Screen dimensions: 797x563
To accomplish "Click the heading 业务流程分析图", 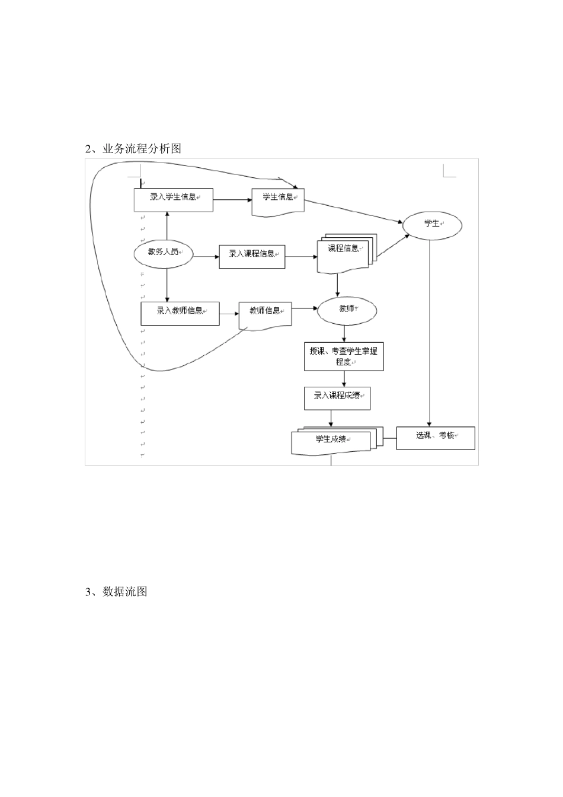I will click(x=133, y=149).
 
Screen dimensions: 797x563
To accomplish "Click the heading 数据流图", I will click(x=116, y=591).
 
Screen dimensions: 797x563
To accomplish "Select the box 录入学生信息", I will click(x=173, y=200).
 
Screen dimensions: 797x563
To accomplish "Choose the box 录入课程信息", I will click(x=252, y=256).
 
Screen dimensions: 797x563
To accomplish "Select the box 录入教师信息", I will click(x=180, y=313).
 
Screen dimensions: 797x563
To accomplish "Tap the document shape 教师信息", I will click(x=265, y=315).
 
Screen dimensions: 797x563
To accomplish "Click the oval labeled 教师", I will click(x=347, y=310).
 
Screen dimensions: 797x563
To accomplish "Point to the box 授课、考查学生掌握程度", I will click(x=344, y=356).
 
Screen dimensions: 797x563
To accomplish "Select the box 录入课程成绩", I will click(x=337, y=398).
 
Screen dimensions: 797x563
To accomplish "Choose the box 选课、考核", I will click(x=435, y=438).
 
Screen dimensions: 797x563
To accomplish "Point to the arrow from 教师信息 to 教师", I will click(x=305, y=308).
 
